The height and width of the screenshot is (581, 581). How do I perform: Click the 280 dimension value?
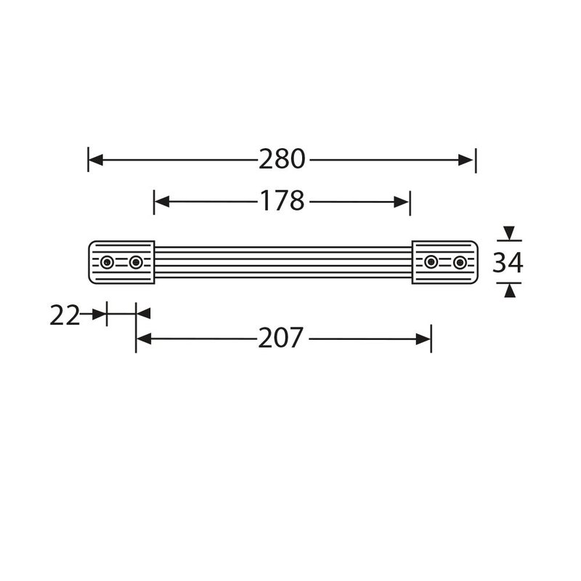tap(282, 159)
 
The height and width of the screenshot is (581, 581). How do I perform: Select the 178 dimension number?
tap(282, 201)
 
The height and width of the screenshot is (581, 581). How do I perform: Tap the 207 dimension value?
tap(282, 338)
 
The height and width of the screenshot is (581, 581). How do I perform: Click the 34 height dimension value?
tap(508, 262)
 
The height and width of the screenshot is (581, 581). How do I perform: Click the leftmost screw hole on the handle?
tap(107, 262)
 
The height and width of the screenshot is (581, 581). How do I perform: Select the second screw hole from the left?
tap(136, 262)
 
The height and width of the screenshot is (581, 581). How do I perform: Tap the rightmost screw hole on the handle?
tap(460, 262)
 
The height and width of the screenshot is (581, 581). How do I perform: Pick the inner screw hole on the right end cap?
tap(431, 262)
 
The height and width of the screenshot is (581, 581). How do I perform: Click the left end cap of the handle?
tap(121, 262)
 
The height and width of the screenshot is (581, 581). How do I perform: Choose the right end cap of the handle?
tap(445, 262)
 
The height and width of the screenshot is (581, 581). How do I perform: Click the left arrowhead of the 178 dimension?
tap(161, 201)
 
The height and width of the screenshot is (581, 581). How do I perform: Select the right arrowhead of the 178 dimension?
tap(402, 201)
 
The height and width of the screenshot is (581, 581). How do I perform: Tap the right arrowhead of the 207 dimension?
tap(423, 338)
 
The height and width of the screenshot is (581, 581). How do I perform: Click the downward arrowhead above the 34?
tap(510, 233)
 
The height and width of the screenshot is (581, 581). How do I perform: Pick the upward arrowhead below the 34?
tap(510, 291)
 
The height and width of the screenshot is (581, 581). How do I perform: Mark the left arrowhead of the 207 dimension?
tap(143, 338)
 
